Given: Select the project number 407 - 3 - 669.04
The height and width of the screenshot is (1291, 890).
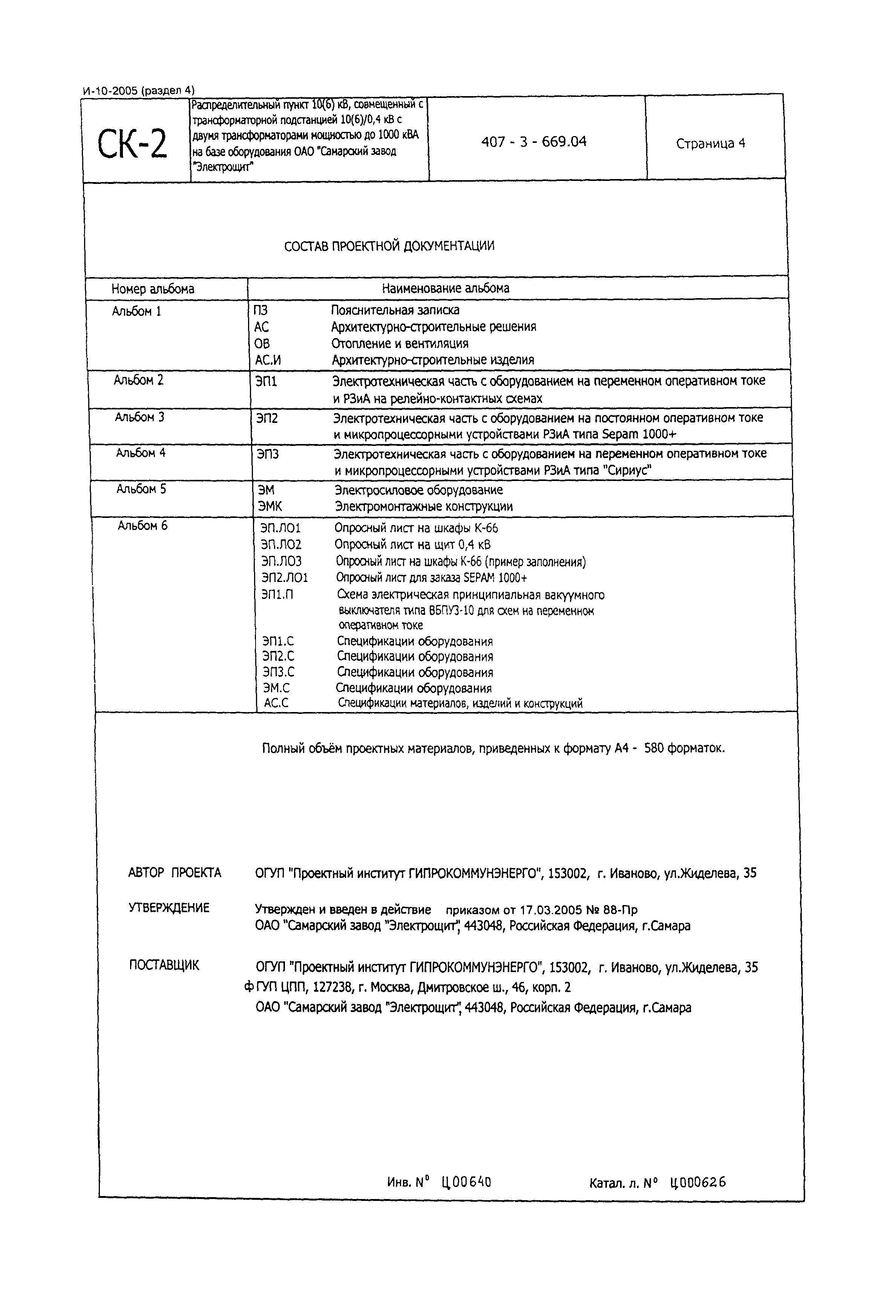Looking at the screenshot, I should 534,142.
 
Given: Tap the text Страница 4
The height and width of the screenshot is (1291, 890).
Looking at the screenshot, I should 711,143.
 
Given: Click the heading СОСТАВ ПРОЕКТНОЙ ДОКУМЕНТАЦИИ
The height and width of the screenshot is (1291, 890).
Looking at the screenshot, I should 389,246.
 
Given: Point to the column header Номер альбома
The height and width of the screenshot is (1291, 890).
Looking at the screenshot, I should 153,289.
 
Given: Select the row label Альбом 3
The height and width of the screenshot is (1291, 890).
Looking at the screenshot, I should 139,417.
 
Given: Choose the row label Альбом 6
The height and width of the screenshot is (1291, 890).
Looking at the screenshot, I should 142,525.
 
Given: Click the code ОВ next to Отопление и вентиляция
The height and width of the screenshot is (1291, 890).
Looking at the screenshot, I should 262,343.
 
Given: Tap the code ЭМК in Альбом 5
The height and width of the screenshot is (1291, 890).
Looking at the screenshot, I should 270,506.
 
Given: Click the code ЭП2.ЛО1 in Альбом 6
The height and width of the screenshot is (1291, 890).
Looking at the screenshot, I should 284,578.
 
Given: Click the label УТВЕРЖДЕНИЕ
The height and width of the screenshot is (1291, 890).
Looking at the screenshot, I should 169,908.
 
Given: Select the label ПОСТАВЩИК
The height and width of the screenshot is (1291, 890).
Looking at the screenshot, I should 164,965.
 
